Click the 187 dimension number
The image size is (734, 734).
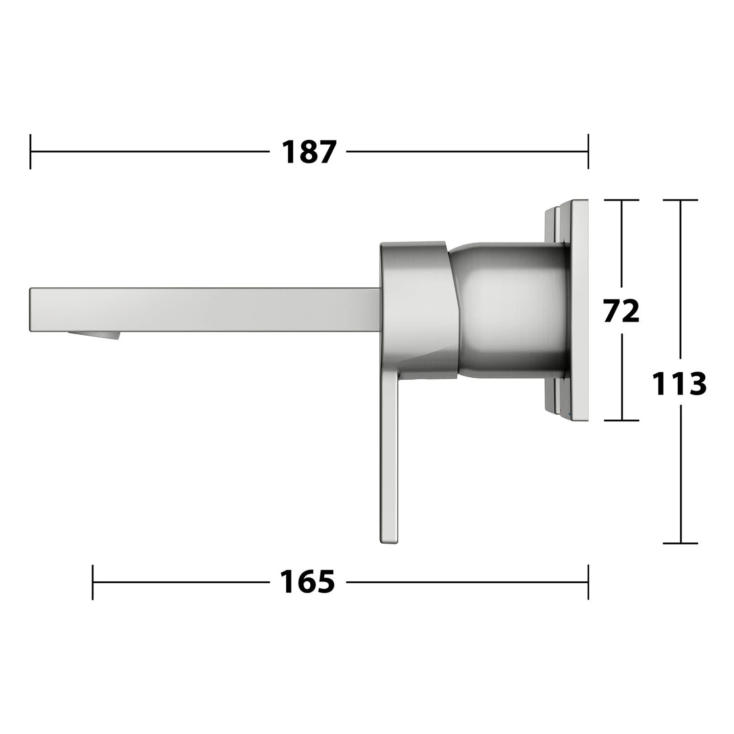click(309, 152)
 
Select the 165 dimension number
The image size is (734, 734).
click(307, 582)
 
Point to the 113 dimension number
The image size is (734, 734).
click(679, 383)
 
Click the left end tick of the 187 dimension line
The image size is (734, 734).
click(30, 152)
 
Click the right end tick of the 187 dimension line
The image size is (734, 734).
click(588, 152)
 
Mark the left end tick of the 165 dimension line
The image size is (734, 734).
click(92, 582)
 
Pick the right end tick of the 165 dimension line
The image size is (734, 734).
click(588, 582)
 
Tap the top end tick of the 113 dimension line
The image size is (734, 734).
click(680, 200)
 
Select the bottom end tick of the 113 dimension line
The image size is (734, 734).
click(680, 543)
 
